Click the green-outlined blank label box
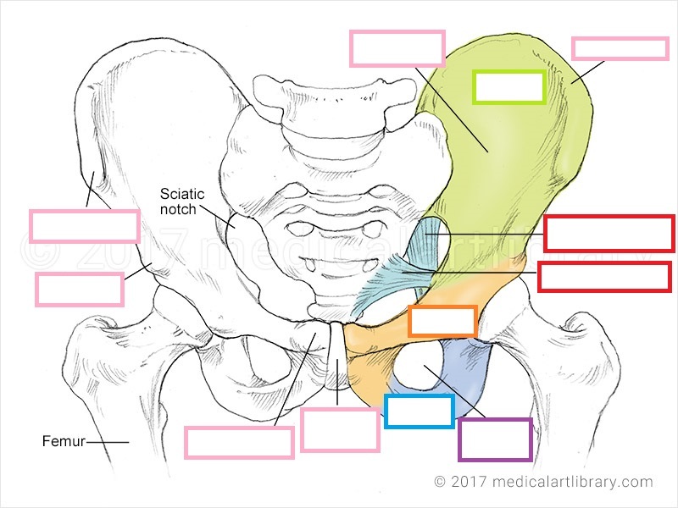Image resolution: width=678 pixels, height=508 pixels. coord(508,87)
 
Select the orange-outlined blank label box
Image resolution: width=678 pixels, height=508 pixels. coord(442,322)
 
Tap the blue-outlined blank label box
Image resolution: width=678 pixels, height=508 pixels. coord(419,411)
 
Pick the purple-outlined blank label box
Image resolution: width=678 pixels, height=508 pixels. coord(495,439)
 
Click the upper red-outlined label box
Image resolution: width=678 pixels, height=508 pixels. coord(608,234)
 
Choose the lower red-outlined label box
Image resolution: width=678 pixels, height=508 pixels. coord(604,277)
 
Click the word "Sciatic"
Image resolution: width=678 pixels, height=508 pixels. coord(182,194)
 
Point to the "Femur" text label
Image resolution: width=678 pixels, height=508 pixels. coord(62,441)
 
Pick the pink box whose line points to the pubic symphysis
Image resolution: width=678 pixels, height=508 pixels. coord(339,429)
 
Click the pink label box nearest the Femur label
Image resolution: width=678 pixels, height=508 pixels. coord(239,442)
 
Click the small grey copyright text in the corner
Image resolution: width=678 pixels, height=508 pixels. coord(543,482)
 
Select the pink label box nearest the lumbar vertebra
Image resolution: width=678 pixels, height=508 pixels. coord(397,48)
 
